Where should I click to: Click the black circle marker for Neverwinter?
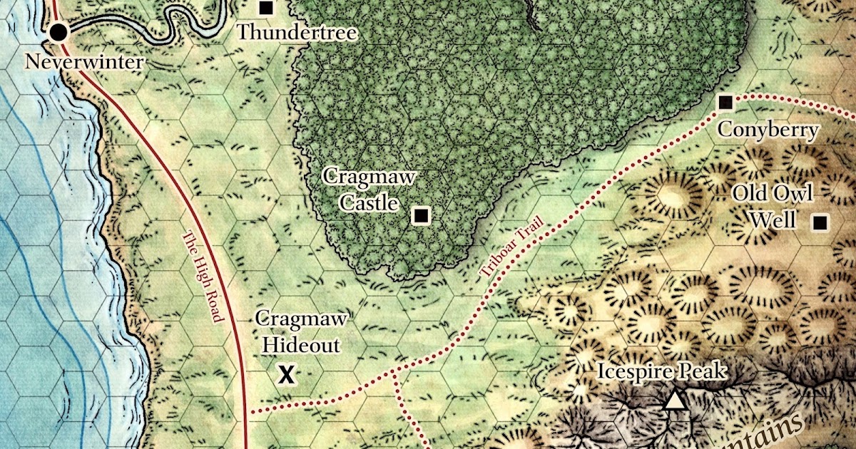tap(59, 31)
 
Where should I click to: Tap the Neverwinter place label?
tap(84, 62)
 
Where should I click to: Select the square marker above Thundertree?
tap(266, 8)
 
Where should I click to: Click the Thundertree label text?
tap(296, 33)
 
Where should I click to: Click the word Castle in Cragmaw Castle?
tap(368, 203)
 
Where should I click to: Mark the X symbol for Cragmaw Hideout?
tap(286, 375)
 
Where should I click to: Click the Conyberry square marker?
tap(725, 103)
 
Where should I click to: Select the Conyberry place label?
tap(768, 130)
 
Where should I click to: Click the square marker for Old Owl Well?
tap(820, 223)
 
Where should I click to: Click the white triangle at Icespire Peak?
tap(675, 401)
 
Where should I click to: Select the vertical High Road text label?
tap(203, 278)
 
